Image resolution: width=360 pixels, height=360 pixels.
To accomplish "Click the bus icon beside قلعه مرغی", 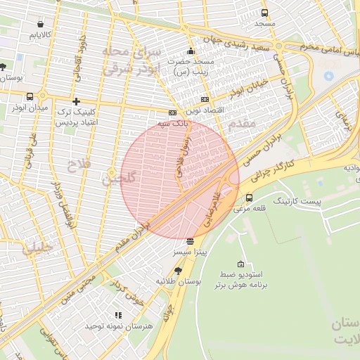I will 249,198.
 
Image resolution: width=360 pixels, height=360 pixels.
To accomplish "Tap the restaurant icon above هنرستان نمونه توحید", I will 118,316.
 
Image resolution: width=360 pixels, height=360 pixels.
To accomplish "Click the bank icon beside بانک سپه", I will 172,112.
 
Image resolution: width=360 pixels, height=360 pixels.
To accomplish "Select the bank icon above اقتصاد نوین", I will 205,100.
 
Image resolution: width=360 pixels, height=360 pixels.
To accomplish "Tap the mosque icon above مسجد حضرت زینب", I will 191,51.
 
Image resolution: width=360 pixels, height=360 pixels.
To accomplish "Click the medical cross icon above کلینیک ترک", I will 76,101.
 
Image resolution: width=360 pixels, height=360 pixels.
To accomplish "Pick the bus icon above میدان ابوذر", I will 30,96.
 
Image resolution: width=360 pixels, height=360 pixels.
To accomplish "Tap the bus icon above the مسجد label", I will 264,13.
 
